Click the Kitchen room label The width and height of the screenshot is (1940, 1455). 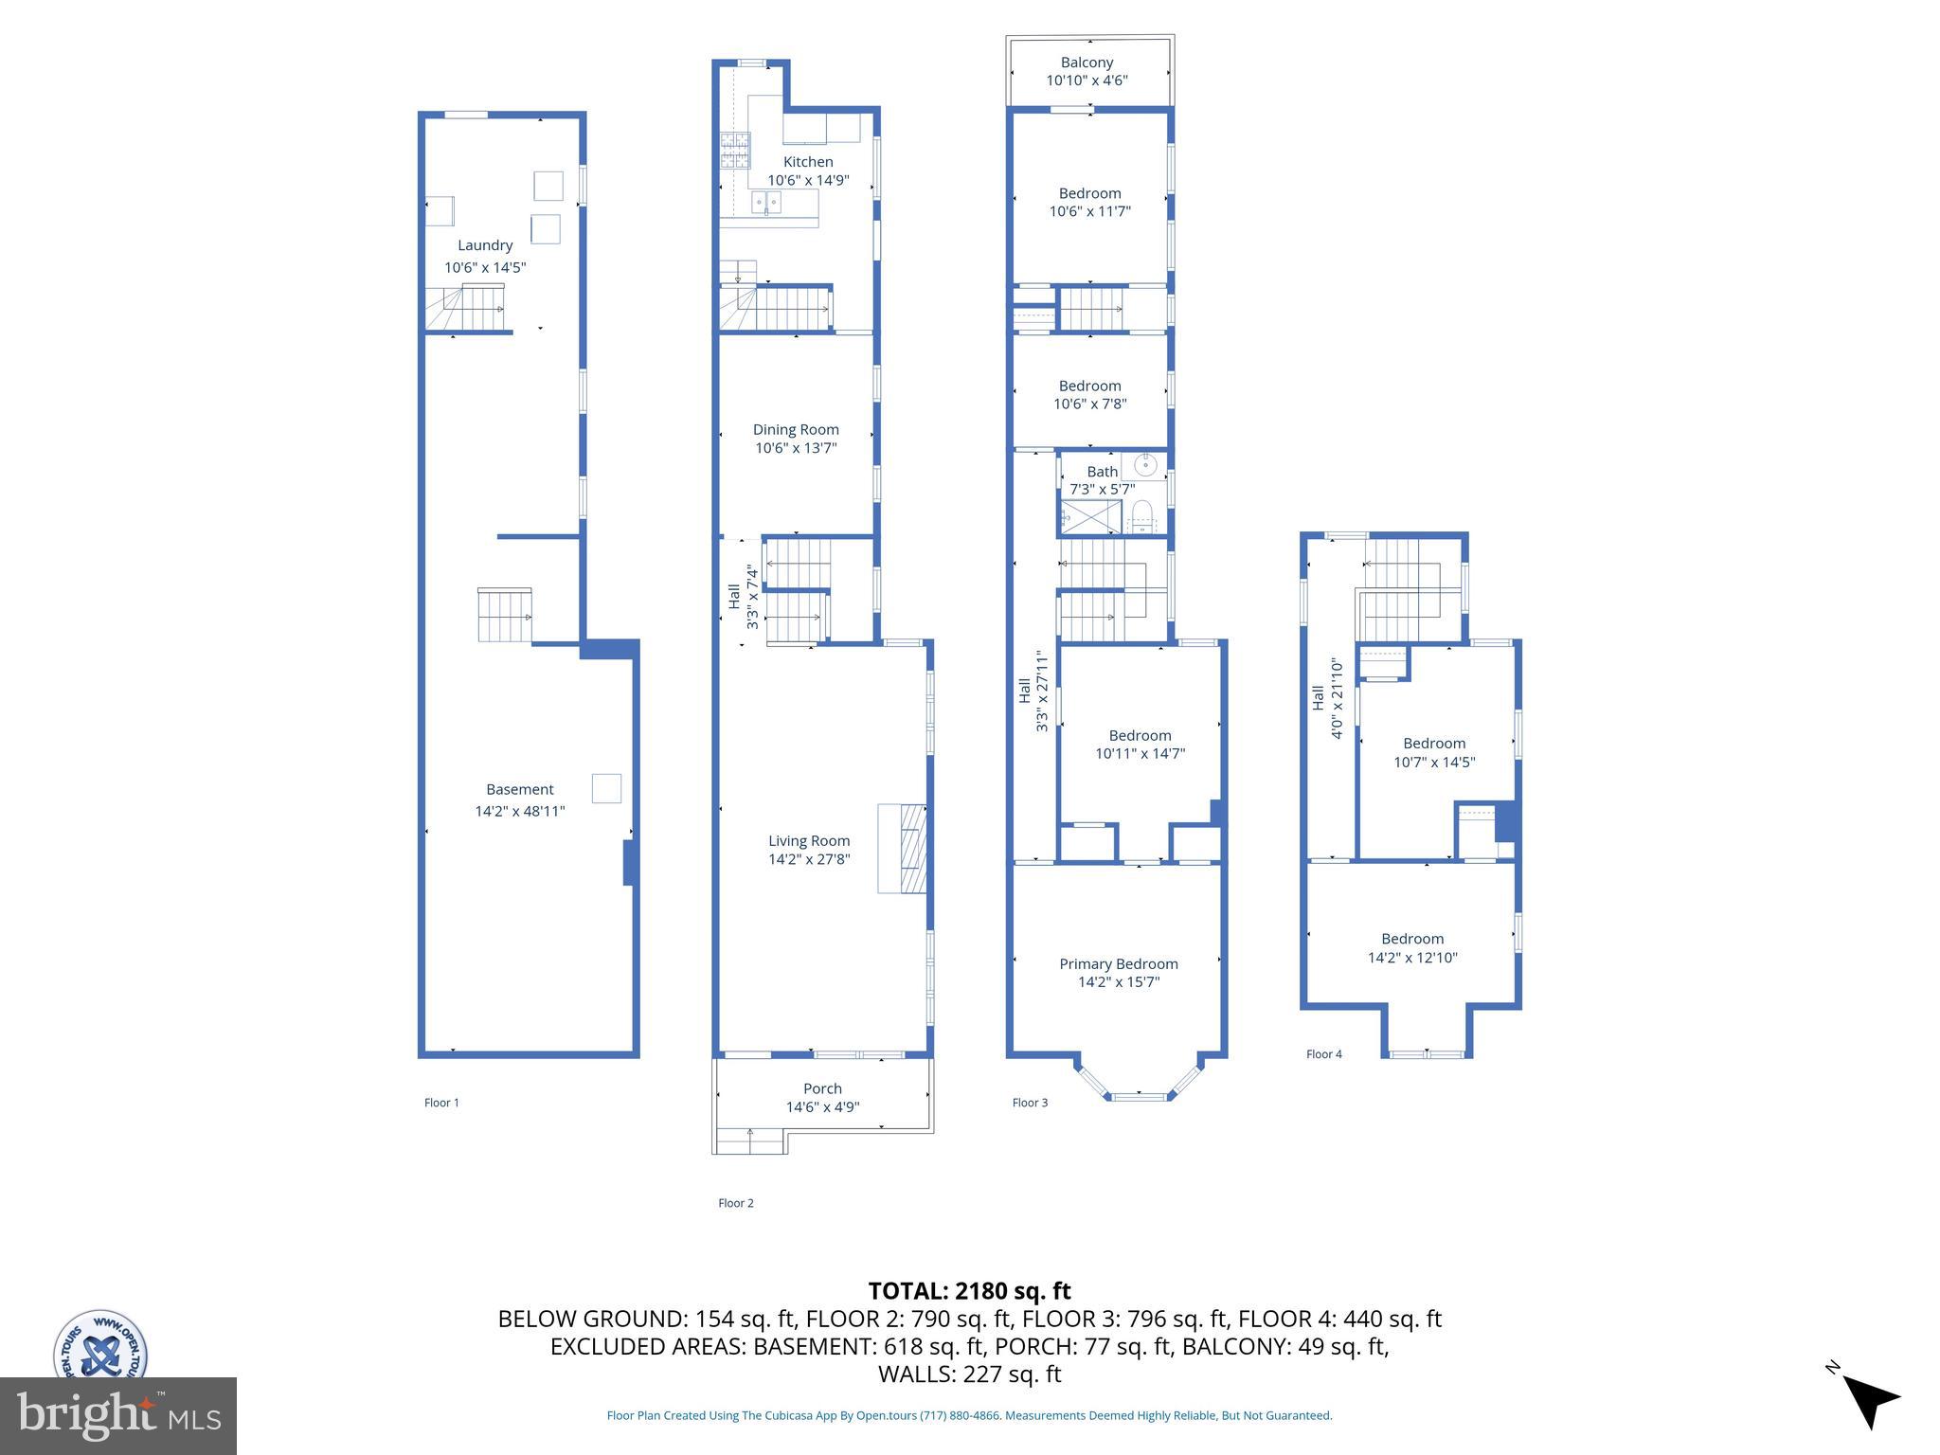pos(807,162)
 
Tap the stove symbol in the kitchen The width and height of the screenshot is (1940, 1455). pos(734,151)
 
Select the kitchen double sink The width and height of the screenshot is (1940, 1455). pos(766,202)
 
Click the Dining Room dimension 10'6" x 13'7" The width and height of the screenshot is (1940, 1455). pos(796,448)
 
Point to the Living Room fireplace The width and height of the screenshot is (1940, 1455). pos(902,848)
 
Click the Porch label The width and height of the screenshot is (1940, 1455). pos(822,1088)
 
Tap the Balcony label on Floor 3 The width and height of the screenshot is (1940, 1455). pos(1087,63)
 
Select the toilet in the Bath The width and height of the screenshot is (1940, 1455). pos(1141,517)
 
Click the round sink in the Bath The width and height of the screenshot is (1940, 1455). pos(1146,464)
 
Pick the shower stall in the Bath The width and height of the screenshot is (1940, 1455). pos(1090,517)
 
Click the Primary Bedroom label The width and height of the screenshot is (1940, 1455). pos(1119,963)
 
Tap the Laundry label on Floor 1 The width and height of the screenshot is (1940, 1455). pos(485,245)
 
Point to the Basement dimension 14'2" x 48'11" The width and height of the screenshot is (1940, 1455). pos(519,811)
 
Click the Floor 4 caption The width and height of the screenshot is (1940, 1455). pos(1323,1054)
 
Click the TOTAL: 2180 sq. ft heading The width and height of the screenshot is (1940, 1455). pos(969,1291)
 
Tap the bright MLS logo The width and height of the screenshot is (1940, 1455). pos(117,1415)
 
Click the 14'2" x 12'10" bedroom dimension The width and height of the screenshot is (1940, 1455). pos(1411,958)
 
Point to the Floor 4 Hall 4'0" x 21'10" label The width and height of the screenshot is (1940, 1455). pos(1327,698)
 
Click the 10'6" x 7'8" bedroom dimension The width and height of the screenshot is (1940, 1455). pos(1089,404)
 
